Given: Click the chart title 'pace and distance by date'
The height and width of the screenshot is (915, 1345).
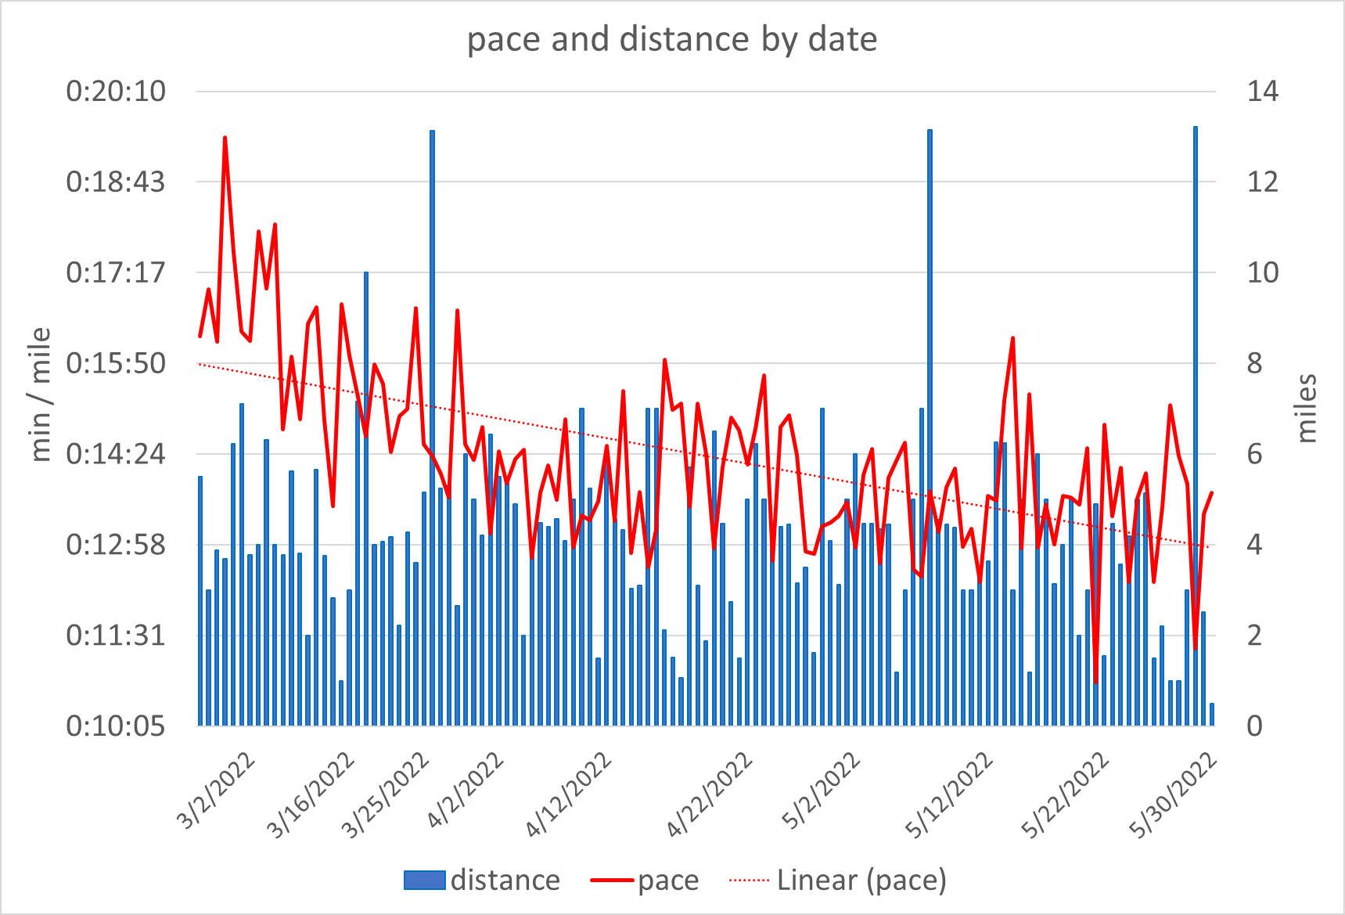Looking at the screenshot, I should point(672,39).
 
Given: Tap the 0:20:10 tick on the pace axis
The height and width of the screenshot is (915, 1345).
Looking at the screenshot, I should point(116,92).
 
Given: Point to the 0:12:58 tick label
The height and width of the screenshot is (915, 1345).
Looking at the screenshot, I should point(116,545).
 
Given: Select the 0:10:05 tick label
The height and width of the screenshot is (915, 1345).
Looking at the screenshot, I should point(116,726).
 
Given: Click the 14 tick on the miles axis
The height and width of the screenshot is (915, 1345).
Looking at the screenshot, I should point(1262,92).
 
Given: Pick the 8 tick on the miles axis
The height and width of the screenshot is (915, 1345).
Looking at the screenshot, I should point(1254,364).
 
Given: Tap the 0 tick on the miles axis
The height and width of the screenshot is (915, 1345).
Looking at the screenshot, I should point(1254,726).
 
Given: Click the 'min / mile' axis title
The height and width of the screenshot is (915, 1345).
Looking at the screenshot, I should point(40,394).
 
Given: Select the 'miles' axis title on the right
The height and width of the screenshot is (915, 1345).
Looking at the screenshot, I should point(1306,409).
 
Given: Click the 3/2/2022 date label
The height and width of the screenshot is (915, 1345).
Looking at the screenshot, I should point(217,791).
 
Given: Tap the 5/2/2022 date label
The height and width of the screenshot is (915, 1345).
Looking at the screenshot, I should point(822,791).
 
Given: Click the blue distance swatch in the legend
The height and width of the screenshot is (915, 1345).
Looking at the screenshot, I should point(424,881).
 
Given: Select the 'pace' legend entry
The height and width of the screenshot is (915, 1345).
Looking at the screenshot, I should point(667,881).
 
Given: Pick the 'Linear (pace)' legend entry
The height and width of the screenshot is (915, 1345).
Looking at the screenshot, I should point(861,881).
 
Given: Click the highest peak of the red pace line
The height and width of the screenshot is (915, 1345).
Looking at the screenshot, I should point(225,138).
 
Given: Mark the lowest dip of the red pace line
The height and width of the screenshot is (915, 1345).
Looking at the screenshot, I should point(1096,683).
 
